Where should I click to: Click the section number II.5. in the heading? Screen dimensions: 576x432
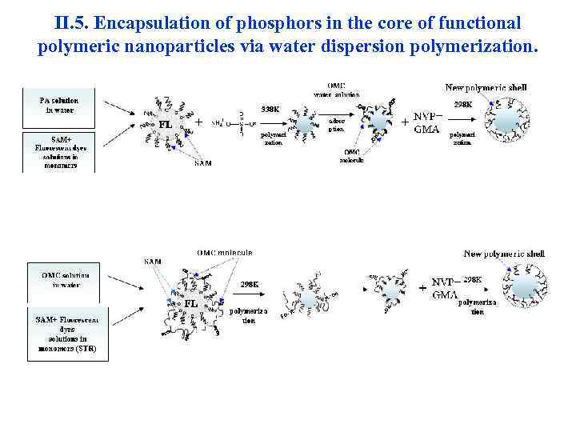click(x=71, y=23)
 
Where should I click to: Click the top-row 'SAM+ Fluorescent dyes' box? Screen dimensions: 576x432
click(x=60, y=153)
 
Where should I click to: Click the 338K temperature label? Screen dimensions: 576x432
click(x=270, y=109)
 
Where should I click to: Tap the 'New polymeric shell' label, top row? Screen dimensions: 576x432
click(x=486, y=87)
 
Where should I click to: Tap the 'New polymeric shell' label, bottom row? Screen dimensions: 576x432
click(x=504, y=254)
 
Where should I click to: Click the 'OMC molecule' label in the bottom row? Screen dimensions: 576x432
click(x=225, y=252)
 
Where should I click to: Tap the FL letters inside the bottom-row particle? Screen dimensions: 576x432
click(x=192, y=303)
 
